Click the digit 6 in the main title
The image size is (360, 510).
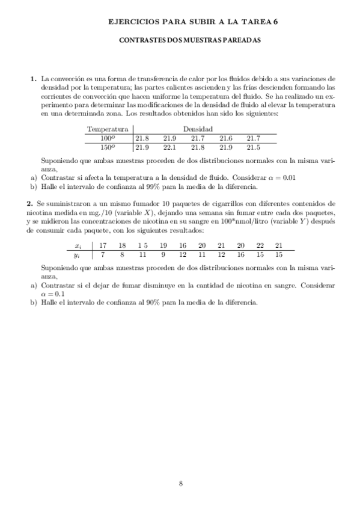coord(276,21)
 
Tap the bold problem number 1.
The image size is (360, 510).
coord(32,79)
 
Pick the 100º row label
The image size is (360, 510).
coord(108,138)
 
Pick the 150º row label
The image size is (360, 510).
coord(108,147)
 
